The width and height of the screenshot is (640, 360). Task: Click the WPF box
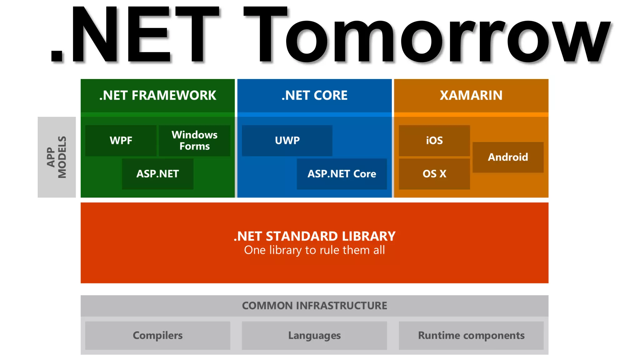[121, 141]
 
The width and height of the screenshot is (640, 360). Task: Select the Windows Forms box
[194, 141]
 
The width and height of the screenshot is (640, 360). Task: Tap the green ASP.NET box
[157, 174]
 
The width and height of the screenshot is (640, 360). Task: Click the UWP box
[287, 141]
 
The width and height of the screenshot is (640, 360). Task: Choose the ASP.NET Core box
[342, 174]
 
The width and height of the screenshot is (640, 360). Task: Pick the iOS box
[434, 141]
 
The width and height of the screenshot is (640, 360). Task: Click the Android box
[508, 157]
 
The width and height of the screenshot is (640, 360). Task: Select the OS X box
[434, 174]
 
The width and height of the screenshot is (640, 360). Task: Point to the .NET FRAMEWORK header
[157, 95]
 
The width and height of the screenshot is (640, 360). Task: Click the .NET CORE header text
[314, 95]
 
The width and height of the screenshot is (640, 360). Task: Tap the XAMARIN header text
[471, 95]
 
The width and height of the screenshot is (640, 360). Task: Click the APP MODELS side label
[57, 157]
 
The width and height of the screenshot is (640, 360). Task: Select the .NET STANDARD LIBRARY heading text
[314, 236]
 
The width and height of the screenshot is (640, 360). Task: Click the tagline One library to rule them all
[314, 250]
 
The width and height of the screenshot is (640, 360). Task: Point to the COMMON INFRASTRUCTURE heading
[314, 306]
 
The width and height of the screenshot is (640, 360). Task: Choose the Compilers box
[157, 335]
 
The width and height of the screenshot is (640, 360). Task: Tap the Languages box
[314, 335]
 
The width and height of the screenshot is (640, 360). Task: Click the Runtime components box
[471, 335]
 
